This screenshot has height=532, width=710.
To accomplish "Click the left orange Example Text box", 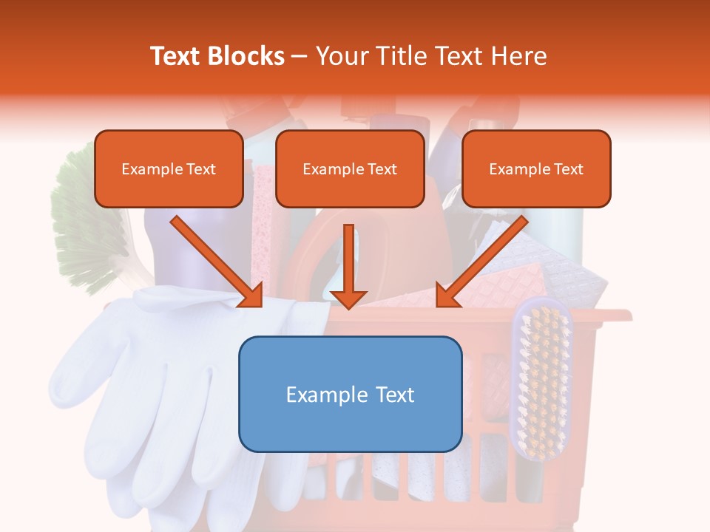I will pos(169,168).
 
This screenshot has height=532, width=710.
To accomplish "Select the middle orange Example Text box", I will pos(350,168).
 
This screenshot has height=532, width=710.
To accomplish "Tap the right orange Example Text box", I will pos(536,168).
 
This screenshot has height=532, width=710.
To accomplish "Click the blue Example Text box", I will pos(350,394).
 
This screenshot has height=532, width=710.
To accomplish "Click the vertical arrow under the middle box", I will pos(348,266).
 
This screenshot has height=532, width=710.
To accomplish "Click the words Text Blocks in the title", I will pos(217,56).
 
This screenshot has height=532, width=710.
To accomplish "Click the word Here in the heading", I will pos(521,56).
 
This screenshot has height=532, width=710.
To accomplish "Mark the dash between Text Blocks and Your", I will pos(300,56).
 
